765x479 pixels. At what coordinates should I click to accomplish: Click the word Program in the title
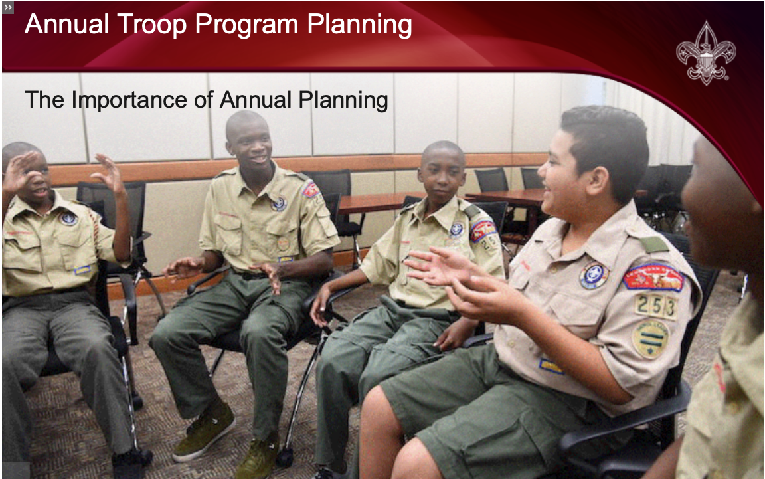pyautogui.click(x=246, y=25)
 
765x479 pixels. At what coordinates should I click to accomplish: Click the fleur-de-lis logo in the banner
pyautogui.click(x=706, y=52)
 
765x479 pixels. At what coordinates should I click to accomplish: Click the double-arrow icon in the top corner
pyautogui.click(x=8, y=7)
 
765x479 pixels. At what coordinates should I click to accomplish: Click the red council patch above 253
pyautogui.click(x=653, y=277)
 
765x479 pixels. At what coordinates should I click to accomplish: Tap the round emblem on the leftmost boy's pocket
pyautogui.click(x=68, y=219)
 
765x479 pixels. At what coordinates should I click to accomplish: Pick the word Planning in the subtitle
pyautogui.click(x=343, y=100)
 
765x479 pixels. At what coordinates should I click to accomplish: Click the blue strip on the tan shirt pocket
pyautogui.click(x=551, y=366)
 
